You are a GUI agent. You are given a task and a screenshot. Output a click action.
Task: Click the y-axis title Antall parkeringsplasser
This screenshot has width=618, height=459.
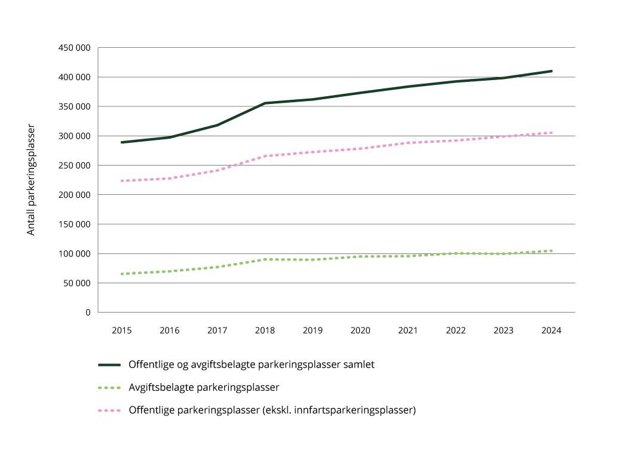click(31, 179)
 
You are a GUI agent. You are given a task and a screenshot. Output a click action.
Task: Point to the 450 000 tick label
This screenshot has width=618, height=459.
click(74, 48)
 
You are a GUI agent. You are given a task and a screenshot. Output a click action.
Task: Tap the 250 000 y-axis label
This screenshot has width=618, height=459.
click(74, 166)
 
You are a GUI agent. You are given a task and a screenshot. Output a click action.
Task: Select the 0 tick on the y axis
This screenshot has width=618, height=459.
click(87, 313)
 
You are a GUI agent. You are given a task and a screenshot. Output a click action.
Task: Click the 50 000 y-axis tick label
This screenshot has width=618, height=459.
click(77, 283)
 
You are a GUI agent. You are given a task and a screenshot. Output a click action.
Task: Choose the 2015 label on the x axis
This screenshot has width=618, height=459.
click(122, 331)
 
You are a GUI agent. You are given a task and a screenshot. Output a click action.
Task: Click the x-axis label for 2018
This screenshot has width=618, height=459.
click(265, 331)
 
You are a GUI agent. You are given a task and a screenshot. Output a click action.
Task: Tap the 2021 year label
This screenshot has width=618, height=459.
click(408, 331)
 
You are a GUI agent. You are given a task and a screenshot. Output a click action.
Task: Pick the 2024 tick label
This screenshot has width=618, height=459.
click(551, 331)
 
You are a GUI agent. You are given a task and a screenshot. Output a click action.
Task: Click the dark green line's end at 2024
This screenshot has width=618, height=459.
click(551, 71)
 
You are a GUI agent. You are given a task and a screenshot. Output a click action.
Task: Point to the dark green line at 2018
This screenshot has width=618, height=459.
click(265, 103)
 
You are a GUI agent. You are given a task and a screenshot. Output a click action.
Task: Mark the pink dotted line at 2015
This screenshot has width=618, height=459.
click(122, 180)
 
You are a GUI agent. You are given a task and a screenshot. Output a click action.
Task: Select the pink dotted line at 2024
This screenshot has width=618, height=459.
click(551, 133)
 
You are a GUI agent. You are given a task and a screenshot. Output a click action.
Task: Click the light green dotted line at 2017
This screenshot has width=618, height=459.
click(218, 267)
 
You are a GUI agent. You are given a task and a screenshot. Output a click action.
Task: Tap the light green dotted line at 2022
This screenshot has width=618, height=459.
click(456, 253)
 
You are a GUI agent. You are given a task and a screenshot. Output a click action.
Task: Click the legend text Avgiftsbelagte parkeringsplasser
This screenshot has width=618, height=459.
click(204, 387)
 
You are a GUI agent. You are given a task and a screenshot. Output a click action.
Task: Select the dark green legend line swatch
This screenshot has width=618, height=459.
click(109, 365)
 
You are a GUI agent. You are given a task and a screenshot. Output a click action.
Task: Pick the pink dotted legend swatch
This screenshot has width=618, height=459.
click(109, 411)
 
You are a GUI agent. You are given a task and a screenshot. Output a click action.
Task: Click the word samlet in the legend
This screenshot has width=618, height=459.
click(359, 365)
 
